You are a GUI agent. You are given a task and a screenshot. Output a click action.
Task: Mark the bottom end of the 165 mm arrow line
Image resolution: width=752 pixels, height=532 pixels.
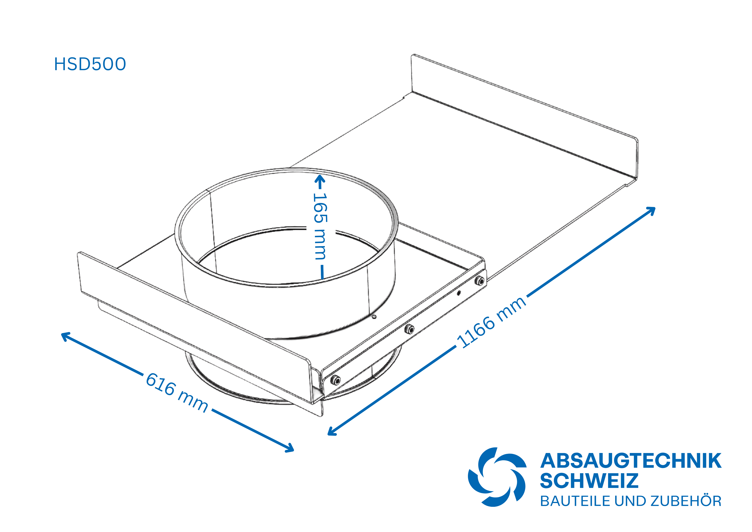click(x=323, y=279)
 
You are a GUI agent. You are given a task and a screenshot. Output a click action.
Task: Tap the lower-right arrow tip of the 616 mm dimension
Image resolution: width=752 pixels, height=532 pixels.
click(x=294, y=450)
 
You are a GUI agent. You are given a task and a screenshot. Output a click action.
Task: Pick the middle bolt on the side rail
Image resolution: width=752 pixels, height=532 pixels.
click(x=409, y=329)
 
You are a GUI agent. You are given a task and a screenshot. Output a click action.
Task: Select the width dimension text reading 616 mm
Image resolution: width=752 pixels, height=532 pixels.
click(x=177, y=392)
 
